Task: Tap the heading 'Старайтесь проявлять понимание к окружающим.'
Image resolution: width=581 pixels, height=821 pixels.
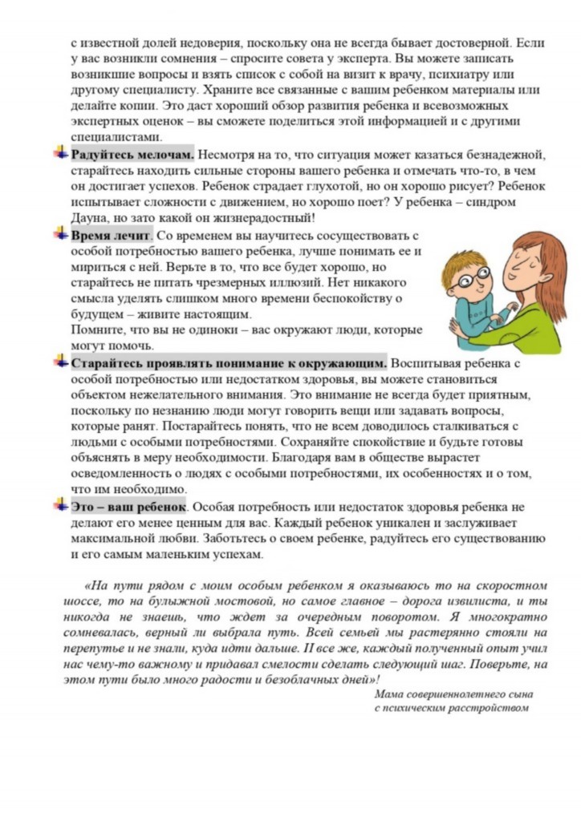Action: click(x=229, y=363)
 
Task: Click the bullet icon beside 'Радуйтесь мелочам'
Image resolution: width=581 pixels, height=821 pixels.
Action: click(x=61, y=153)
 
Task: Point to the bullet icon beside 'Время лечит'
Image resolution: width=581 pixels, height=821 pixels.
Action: click(x=61, y=235)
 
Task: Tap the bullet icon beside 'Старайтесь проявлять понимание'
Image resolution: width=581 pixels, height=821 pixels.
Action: click(x=61, y=362)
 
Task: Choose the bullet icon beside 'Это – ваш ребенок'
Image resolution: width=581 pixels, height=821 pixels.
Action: click(x=61, y=506)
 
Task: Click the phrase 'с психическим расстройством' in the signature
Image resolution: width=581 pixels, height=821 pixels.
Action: click(x=452, y=709)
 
